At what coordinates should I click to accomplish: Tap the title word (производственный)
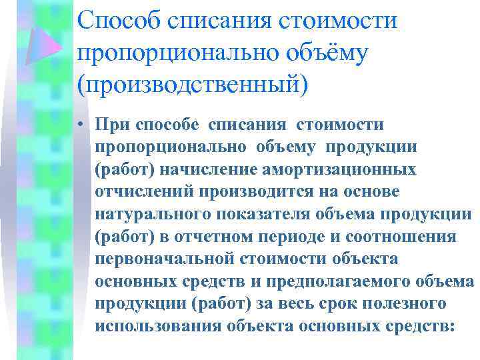[x=193, y=85]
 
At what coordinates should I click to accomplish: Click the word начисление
[x=194, y=169]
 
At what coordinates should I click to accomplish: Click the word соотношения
[x=409, y=237]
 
